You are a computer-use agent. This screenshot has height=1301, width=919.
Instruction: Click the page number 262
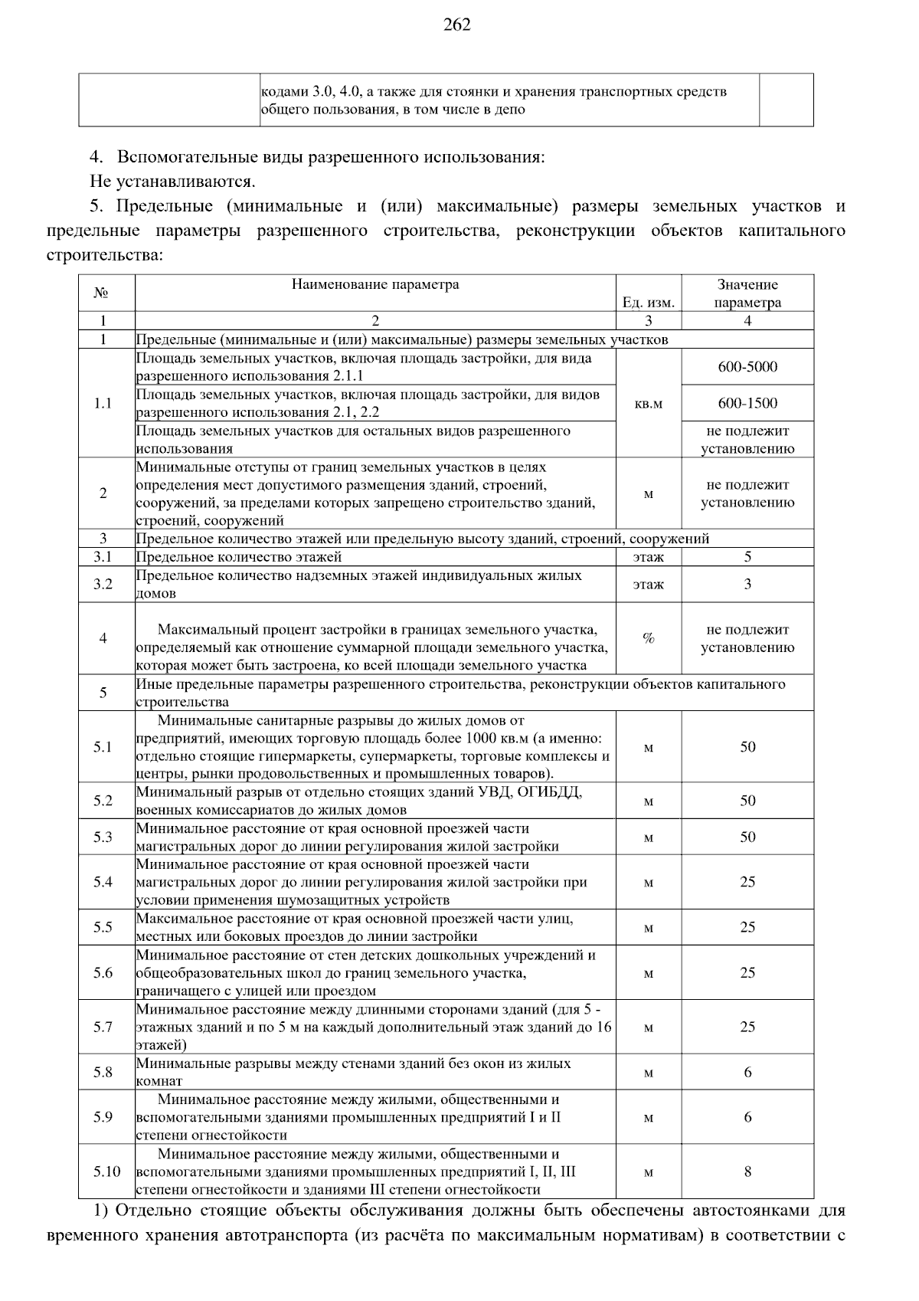(457, 25)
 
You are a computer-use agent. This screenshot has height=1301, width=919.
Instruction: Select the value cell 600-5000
(747, 367)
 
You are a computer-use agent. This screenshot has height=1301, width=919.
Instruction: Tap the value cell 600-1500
(747, 404)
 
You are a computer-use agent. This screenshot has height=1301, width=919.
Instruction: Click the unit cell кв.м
(648, 404)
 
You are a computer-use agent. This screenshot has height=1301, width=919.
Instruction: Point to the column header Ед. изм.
(648, 303)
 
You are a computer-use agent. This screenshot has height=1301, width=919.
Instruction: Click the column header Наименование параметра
(375, 285)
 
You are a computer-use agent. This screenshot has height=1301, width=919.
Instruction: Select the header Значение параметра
(747, 293)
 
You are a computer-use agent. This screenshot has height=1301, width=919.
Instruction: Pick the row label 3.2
(103, 585)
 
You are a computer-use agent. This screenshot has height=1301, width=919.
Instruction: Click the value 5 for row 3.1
(747, 557)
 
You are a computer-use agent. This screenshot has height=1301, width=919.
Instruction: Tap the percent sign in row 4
(648, 638)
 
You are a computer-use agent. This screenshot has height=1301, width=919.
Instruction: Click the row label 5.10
(107, 1172)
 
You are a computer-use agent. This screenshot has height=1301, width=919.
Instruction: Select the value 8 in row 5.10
(747, 1172)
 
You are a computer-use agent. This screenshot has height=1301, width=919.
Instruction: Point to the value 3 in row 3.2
(747, 585)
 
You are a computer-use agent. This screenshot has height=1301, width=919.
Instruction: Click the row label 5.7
(103, 1027)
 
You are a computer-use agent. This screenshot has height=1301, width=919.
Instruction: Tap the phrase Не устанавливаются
(172, 182)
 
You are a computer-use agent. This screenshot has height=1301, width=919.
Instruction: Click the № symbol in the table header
(100, 293)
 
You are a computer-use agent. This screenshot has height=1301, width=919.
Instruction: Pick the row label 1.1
(103, 404)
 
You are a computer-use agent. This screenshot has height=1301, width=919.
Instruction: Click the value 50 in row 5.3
(747, 837)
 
